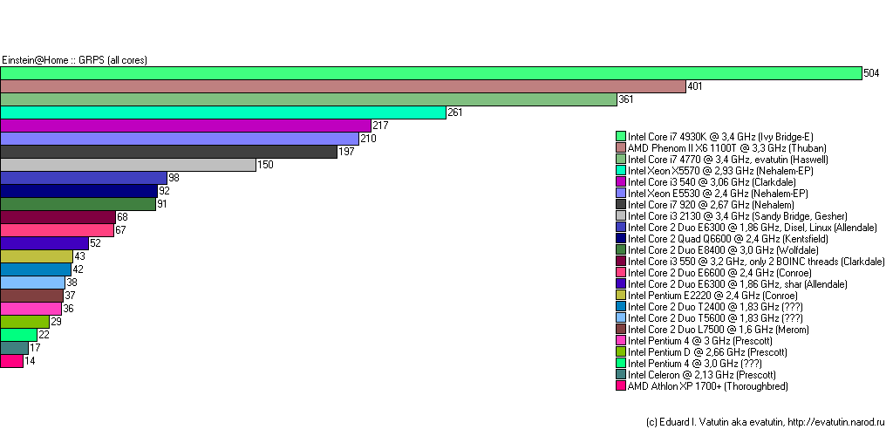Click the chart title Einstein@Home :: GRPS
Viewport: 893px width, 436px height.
[x=74, y=60]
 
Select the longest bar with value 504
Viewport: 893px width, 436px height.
[x=431, y=73]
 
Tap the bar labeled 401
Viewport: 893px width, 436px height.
[x=343, y=86]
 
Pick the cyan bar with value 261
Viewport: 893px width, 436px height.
[x=222, y=112]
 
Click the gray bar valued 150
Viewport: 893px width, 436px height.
[x=127, y=165]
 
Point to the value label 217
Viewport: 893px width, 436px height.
[x=379, y=126]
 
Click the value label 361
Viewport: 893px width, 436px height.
[x=625, y=99]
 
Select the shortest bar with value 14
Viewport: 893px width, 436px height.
[x=11, y=361]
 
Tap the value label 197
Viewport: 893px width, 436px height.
[x=345, y=152]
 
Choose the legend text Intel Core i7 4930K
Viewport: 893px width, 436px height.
[x=720, y=136]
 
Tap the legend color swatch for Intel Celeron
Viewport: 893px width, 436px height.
[x=621, y=374]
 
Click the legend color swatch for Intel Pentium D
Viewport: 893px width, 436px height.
[x=621, y=351]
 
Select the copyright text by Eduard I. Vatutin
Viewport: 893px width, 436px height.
[x=765, y=421]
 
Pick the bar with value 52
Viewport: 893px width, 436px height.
[x=44, y=243]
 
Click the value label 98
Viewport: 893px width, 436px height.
[x=174, y=178]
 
